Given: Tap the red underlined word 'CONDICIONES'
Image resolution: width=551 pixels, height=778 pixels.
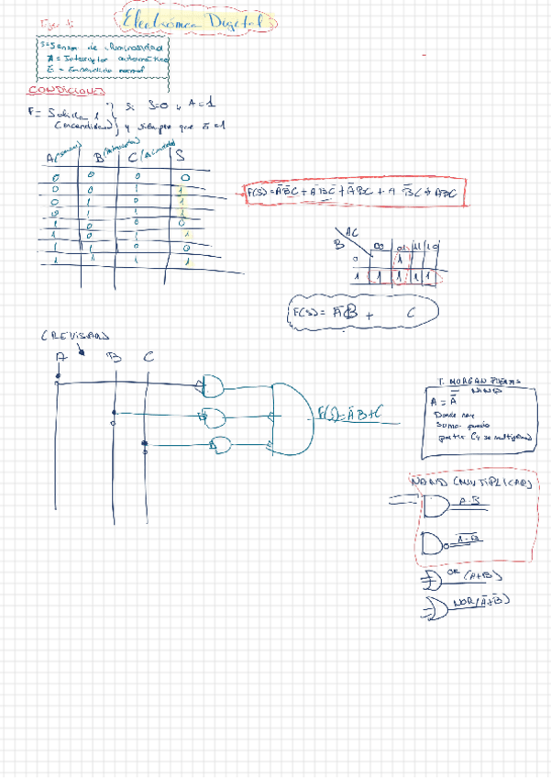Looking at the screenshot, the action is (65, 91).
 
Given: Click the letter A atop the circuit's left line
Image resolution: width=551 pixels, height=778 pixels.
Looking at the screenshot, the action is (60, 357).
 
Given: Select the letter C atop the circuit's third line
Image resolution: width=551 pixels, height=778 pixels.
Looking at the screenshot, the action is (149, 355).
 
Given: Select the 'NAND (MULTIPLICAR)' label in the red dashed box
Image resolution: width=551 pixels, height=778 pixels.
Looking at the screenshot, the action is (468, 482).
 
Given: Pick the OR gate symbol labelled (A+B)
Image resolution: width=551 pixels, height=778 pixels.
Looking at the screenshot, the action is (432, 579).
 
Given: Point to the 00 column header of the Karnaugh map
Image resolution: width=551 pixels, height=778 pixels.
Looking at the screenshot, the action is (379, 248).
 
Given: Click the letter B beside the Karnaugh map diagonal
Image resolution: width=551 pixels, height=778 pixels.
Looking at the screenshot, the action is (336, 245).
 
